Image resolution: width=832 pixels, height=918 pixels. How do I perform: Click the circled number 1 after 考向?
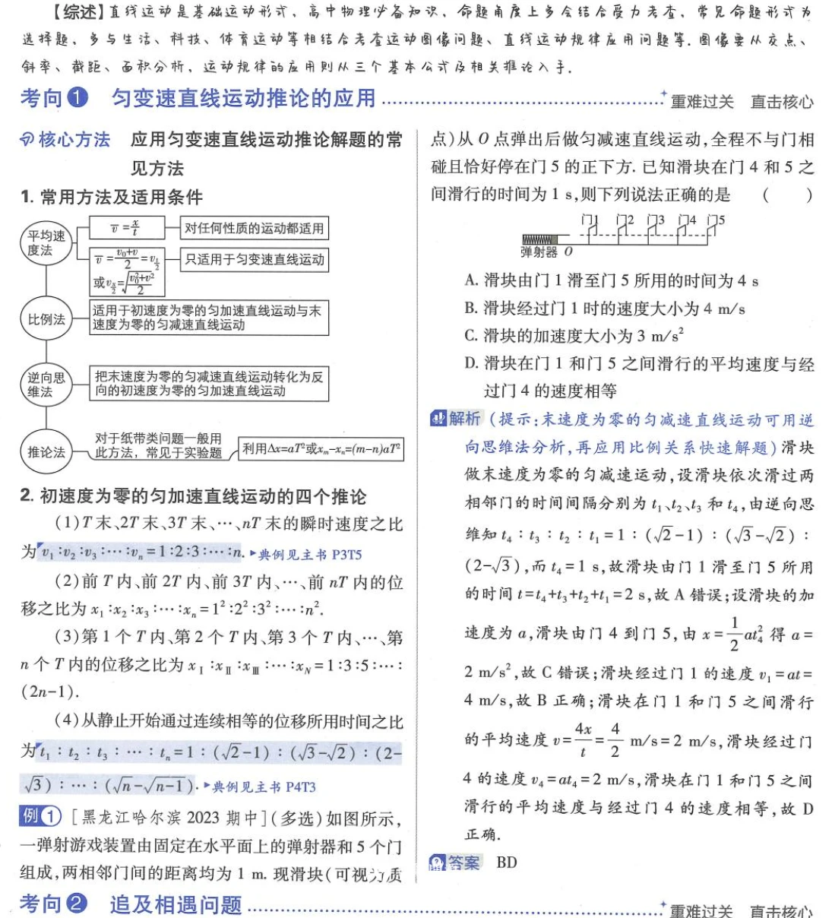pos(78,98)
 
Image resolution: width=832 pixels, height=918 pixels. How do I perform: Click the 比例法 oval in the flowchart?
pos(46,319)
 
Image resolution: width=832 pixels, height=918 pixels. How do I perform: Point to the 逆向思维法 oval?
pos(46,385)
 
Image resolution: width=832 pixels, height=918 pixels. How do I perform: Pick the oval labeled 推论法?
pos(46,452)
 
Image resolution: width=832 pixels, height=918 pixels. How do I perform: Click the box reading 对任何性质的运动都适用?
pos(254,228)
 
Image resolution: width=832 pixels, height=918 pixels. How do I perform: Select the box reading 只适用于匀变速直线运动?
pos(254,259)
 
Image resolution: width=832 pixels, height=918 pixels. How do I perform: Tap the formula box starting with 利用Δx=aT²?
pos(321,449)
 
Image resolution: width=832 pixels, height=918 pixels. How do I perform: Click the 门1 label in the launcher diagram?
pos(590,220)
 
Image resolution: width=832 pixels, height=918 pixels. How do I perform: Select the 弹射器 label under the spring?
pos(539,252)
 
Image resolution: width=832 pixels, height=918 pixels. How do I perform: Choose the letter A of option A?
pos(470,280)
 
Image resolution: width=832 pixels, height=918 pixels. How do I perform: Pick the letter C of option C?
pos(470,336)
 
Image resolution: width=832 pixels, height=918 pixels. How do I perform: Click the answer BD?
pos(506,863)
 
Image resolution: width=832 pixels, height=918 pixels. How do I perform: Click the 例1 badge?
pos(40,817)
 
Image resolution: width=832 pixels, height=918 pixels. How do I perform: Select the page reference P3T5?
pos(346,555)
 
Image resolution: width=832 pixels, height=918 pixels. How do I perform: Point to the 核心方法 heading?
pos(74,140)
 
